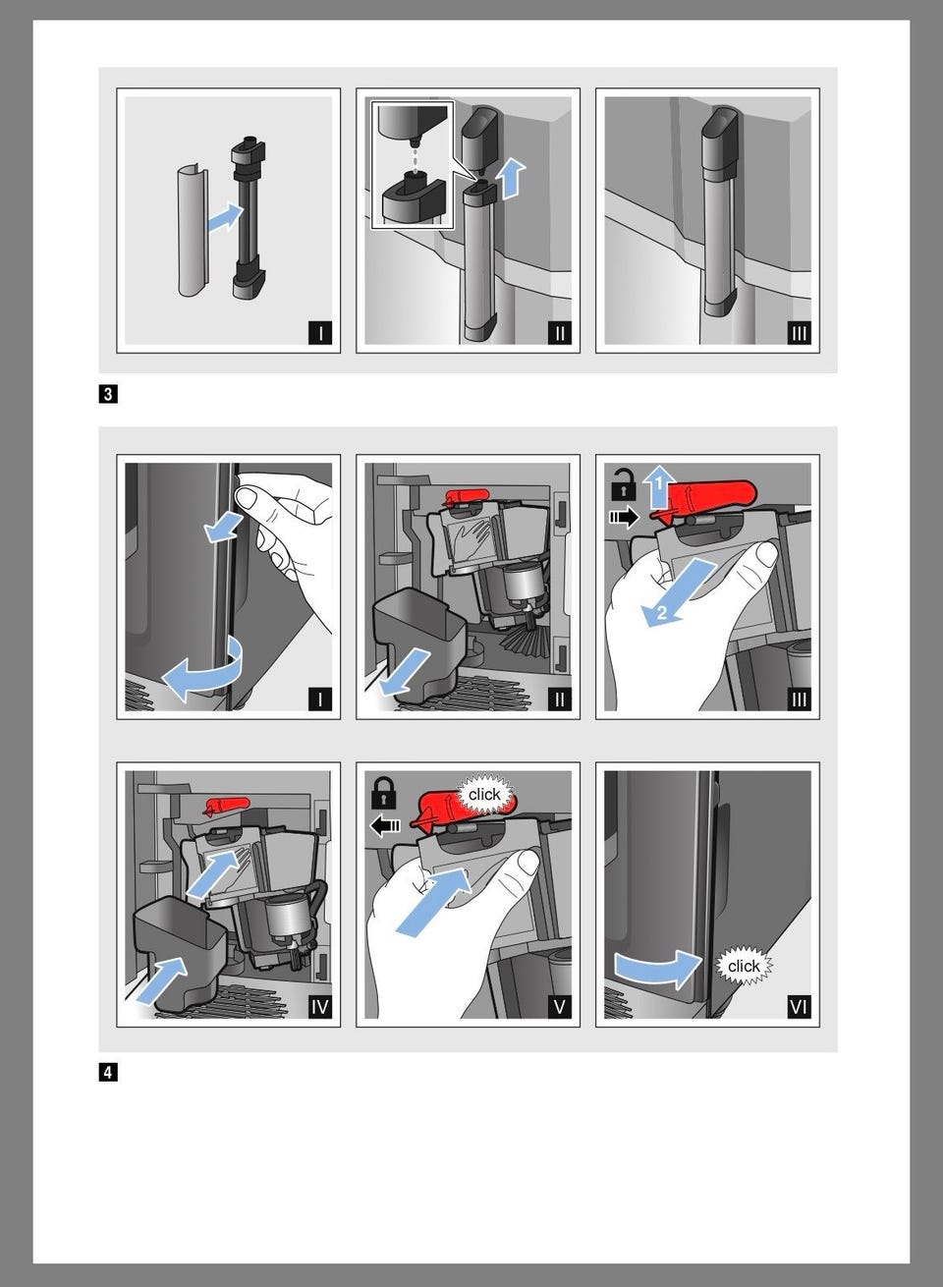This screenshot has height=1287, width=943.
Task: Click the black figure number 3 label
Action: [108, 395]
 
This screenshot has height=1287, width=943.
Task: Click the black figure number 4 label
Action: [108, 1072]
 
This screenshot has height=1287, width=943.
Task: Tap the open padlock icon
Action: [623, 485]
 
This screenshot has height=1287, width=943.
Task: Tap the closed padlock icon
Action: [384, 794]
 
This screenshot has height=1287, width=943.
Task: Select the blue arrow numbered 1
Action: [659, 486]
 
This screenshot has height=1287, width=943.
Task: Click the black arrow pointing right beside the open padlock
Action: [625, 517]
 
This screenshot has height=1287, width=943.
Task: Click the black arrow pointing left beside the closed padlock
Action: [385, 826]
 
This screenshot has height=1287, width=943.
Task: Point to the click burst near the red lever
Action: [484, 795]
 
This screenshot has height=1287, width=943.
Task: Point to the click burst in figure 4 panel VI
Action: [744, 966]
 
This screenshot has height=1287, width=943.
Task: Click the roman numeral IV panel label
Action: [319, 1007]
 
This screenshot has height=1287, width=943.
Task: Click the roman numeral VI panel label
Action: [799, 1007]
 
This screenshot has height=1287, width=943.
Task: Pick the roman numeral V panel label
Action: [559, 1007]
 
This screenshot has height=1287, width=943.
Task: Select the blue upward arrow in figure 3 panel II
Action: [514, 179]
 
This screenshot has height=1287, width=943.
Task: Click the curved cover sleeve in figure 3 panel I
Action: [192, 231]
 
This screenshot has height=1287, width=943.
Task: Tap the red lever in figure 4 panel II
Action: [468, 495]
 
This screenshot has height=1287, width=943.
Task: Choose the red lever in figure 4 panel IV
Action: [228, 806]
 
